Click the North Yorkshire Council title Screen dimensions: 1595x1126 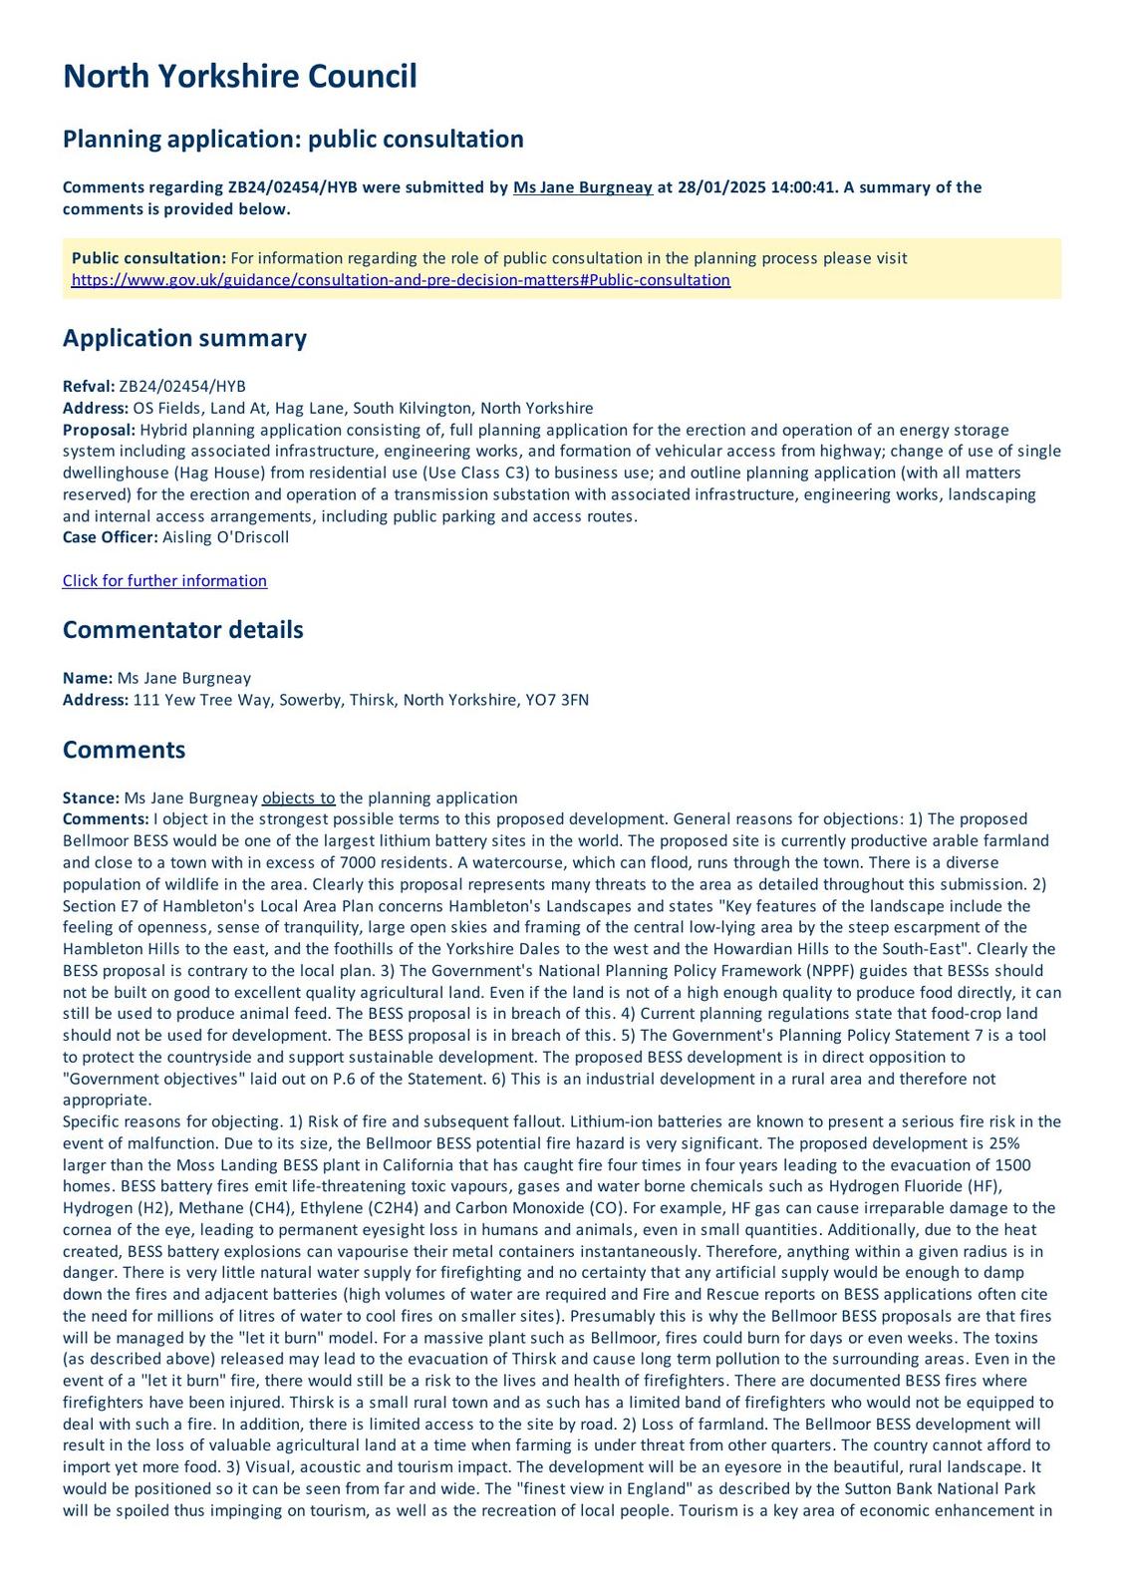(239, 76)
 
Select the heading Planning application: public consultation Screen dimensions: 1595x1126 (293, 139)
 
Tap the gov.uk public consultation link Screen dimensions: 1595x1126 (401, 280)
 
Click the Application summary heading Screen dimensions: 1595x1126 (184, 338)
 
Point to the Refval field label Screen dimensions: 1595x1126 (89, 387)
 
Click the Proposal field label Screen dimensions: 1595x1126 (99, 430)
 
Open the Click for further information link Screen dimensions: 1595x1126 (164, 581)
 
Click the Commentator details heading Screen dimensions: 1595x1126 (182, 630)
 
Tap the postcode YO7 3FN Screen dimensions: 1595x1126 (561, 700)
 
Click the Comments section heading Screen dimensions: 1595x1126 (124, 750)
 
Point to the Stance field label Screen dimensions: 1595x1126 (92, 797)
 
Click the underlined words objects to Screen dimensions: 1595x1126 (298, 797)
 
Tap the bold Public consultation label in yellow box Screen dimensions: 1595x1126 (148, 258)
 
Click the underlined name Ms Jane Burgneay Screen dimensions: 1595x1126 (583, 187)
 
